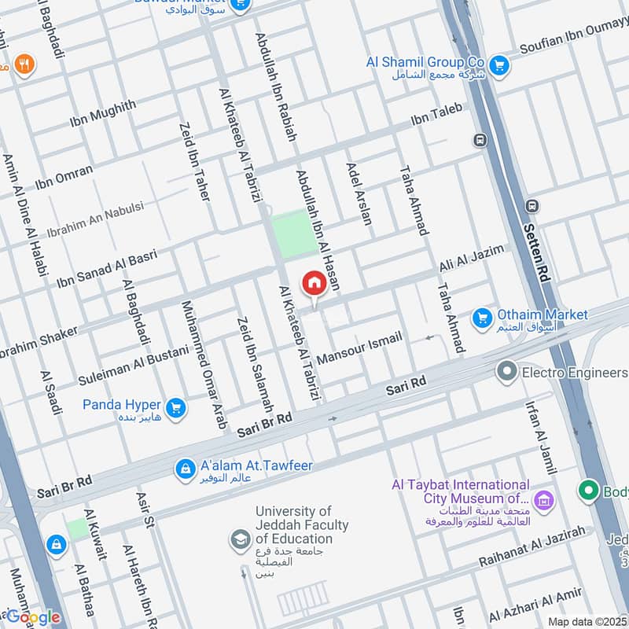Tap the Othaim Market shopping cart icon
click(482, 318)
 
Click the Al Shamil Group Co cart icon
click(497, 65)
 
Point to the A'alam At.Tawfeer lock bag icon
click(186, 469)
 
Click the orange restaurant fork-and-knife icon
click(24, 65)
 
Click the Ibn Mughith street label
click(102, 113)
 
